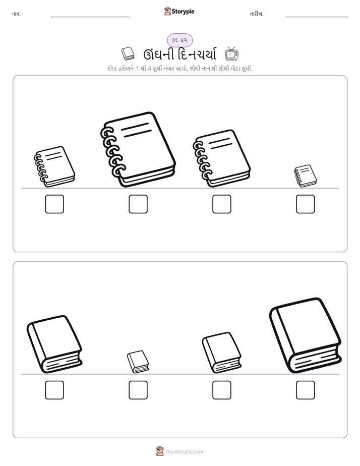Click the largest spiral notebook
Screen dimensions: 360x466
[x=139, y=149]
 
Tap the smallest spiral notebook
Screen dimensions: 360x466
[x=306, y=176]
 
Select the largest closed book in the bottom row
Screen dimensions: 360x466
[x=306, y=335]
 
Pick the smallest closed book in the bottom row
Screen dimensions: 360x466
[x=138, y=362]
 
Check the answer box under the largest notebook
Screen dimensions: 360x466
[x=138, y=204]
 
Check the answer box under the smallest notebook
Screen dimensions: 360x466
[x=306, y=204]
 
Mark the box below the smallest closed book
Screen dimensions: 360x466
[x=138, y=390]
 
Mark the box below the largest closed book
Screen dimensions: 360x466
[x=306, y=390]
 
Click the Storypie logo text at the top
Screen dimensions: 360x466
[x=183, y=12]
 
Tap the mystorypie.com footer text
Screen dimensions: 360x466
[x=185, y=452]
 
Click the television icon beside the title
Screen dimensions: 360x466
[x=232, y=54]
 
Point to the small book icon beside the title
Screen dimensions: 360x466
[x=128, y=54]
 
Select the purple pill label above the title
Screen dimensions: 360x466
[x=179, y=40]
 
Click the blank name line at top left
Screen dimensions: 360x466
[x=90, y=17]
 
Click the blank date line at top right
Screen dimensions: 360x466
[x=317, y=17]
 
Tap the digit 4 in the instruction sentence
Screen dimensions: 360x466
[x=149, y=69]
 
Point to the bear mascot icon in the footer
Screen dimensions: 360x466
[x=160, y=451]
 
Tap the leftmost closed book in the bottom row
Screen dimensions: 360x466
[x=54, y=344]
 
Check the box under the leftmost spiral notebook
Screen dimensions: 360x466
[x=54, y=204]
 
